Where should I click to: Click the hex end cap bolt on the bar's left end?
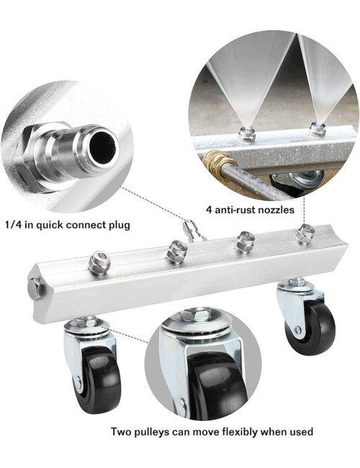click(35, 288)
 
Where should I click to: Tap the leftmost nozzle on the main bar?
click(99, 262)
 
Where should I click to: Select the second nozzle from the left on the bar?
click(176, 252)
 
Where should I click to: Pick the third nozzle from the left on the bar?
click(245, 241)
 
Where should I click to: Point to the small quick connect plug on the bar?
click(194, 230)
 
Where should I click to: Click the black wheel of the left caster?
click(97, 379)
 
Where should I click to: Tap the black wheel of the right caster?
click(310, 327)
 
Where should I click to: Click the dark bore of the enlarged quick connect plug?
click(104, 146)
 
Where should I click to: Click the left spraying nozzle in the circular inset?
click(246, 135)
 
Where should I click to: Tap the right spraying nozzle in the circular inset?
click(317, 130)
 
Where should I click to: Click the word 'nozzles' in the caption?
click(276, 210)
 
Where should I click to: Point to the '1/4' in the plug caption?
click(13, 225)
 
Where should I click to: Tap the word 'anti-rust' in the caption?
click(234, 210)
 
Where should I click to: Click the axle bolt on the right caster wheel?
click(297, 330)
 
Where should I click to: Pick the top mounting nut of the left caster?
click(86, 323)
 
